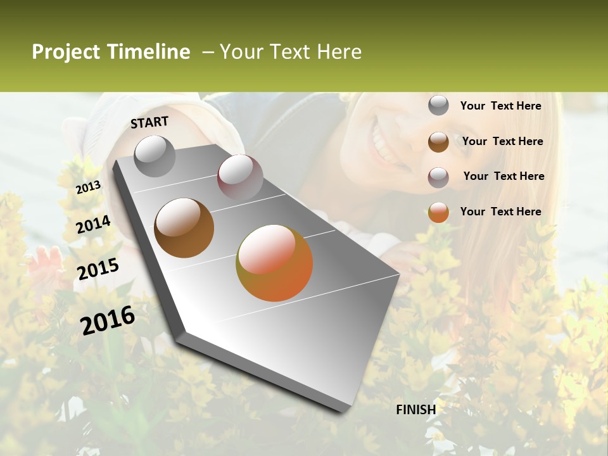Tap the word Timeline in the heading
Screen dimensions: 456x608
(148, 52)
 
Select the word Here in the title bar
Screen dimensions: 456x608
(339, 52)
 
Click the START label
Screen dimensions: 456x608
(149, 122)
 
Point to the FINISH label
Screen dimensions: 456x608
(416, 410)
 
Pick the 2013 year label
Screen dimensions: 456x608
(88, 187)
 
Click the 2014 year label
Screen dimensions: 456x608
(94, 225)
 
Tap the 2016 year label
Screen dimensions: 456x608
(108, 320)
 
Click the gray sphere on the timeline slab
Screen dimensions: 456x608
(155, 156)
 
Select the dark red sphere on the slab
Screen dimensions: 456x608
(239, 177)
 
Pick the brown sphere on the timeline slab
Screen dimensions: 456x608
(184, 228)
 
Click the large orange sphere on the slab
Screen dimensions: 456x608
(274, 263)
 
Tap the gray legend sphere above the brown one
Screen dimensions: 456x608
(438, 105)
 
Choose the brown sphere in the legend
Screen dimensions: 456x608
(438, 142)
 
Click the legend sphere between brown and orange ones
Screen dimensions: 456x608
(438, 177)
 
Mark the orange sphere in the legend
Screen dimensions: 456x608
(438, 212)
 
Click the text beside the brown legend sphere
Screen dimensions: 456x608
(502, 141)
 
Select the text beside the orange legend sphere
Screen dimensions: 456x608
(500, 212)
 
